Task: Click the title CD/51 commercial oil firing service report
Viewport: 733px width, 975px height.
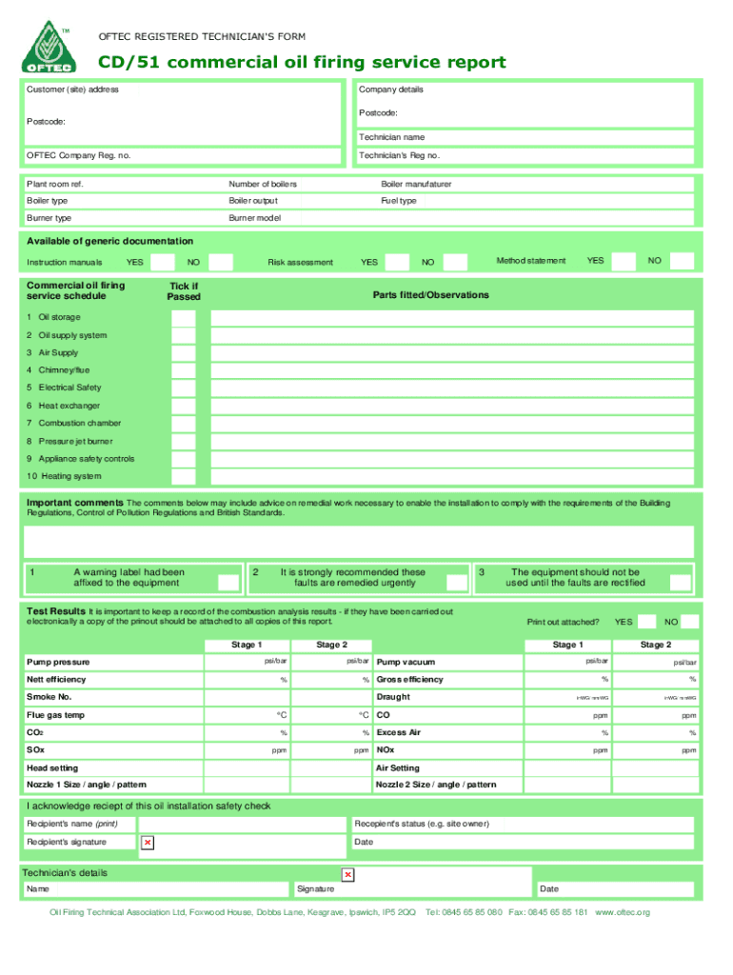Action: [x=303, y=63]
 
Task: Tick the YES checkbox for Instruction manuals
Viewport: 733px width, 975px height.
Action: [x=163, y=262]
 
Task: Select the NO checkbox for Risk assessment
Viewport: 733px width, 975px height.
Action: [x=456, y=262]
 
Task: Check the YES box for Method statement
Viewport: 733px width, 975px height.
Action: [x=624, y=261]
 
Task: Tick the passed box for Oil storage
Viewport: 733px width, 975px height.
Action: [x=184, y=317]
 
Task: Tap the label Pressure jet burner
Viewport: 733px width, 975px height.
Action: [x=75, y=441]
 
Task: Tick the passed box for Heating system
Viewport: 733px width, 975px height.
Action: [x=184, y=476]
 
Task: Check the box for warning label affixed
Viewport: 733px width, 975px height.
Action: [x=228, y=582]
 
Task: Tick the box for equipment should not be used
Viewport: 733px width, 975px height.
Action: [x=680, y=582]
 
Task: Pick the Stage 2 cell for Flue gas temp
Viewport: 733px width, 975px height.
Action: [x=331, y=714]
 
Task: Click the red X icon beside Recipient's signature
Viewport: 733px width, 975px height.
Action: [x=147, y=843]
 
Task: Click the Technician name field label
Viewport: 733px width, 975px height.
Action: [x=391, y=137]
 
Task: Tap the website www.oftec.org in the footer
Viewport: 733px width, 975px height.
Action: [x=622, y=912]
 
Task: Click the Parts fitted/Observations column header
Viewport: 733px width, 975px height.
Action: [x=430, y=295]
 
